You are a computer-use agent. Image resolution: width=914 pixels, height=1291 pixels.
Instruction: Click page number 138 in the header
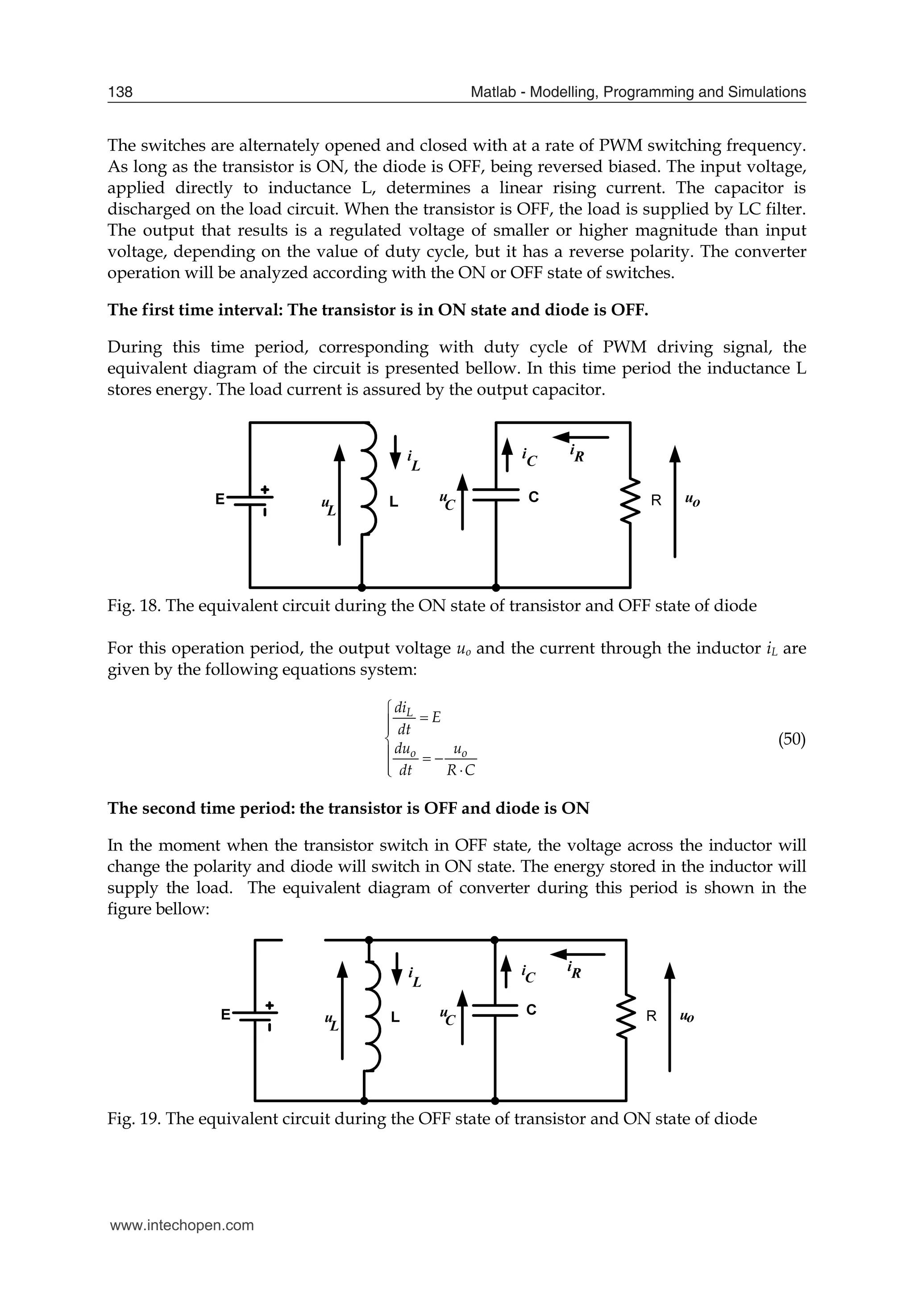coord(120,92)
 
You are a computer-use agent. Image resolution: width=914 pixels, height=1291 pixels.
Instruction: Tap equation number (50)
coord(791,739)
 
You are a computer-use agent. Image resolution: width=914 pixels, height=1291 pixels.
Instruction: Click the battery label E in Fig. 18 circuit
coord(220,499)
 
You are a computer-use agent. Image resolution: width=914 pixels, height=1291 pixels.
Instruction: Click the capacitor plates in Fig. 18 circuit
coord(496,495)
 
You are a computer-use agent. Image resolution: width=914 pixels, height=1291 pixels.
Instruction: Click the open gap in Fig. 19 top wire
coord(303,940)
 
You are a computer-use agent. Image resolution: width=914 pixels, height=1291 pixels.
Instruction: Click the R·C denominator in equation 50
coord(461,770)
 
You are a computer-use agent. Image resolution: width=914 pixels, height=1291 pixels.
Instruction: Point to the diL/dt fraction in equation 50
coord(404,718)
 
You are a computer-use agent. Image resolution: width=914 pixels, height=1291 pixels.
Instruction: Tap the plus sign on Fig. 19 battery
coord(270,1005)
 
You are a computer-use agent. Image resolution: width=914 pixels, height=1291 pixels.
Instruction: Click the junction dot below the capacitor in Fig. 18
coord(496,588)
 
